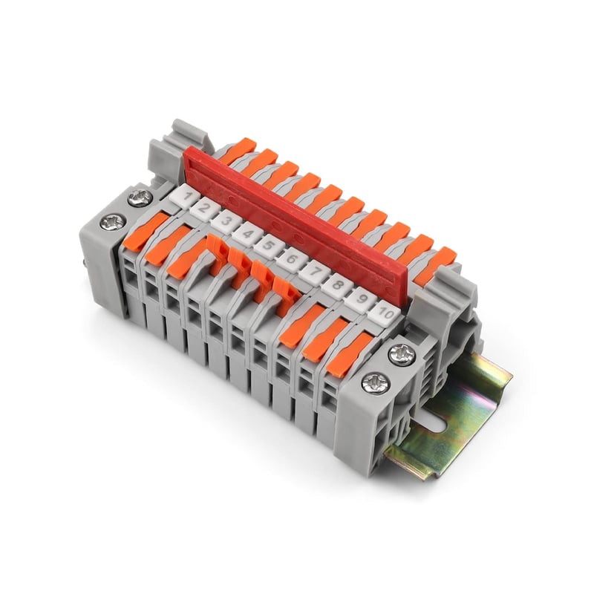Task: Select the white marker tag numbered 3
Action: click(226, 221)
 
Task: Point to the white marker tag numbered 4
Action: click(247, 233)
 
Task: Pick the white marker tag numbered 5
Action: click(269, 246)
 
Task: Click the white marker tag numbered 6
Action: click(291, 258)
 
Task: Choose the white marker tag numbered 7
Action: click(313, 272)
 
